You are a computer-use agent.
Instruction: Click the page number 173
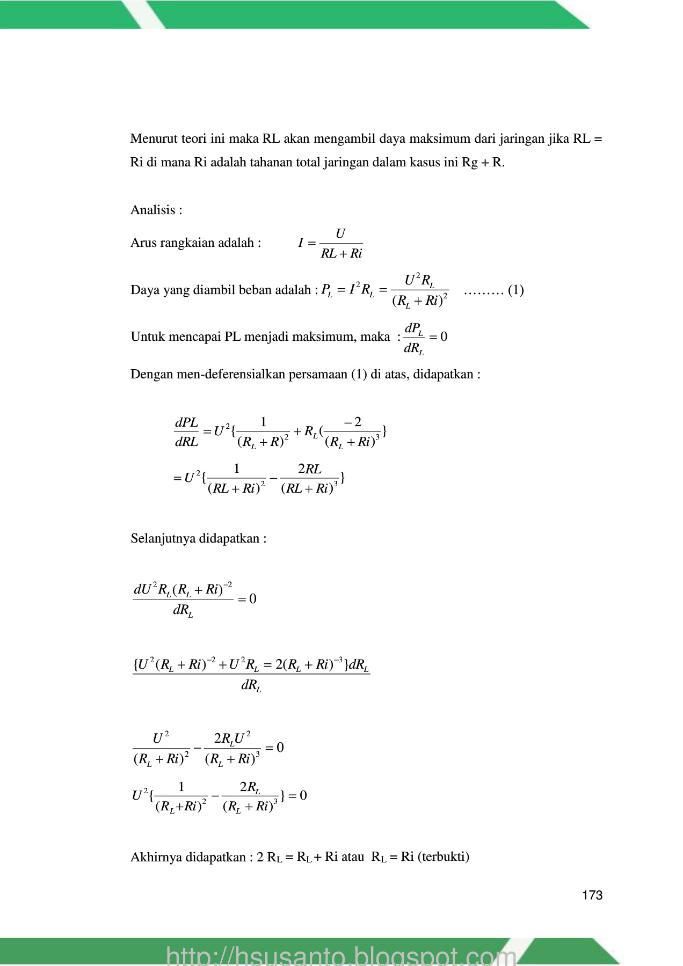592,895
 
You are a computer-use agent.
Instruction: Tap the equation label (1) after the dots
515,290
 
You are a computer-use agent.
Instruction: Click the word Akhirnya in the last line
154,857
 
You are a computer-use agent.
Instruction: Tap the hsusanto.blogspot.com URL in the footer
341,956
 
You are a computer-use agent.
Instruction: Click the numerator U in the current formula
340,234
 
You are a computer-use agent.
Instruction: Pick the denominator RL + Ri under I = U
341,254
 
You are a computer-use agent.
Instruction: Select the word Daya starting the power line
142,290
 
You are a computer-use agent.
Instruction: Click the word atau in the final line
352,857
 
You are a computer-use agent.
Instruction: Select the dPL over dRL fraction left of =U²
186,432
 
